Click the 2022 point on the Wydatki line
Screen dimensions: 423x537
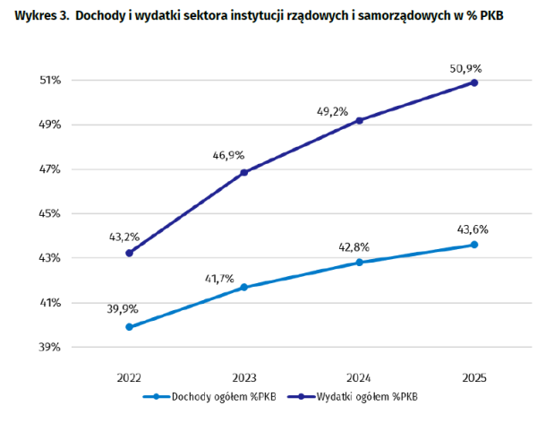(x=129, y=253)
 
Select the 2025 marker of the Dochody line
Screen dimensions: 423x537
(x=474, y=245)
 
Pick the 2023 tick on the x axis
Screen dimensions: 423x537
(x=244, y=378)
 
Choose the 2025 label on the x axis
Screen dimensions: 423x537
(x=474, y=378)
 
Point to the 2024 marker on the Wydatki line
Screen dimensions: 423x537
(x=360, y=120)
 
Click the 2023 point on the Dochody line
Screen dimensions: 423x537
(x=244, y=287)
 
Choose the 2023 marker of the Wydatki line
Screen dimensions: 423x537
(x=244, y=172)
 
